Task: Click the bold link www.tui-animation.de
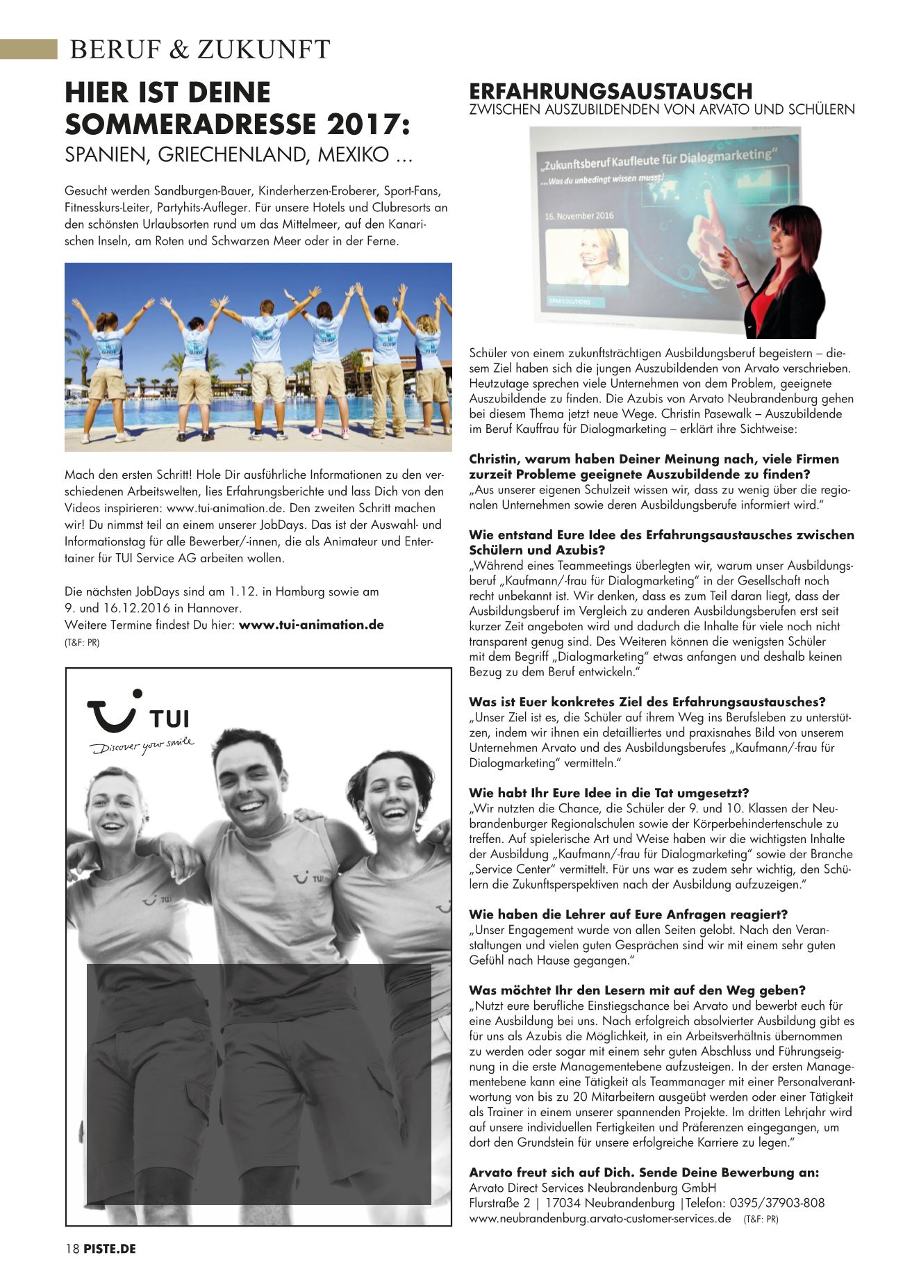tap(311, 625)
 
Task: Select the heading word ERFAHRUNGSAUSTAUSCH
tap(611, 91)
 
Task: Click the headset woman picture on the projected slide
tap(587, 255)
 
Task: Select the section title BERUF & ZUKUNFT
tap(200, 50)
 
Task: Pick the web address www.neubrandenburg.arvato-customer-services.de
tap(600, 1218)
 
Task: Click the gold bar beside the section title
tap(28, 49)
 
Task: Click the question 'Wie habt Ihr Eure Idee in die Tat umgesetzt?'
tap(608, 793)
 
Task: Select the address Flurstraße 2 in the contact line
tap(499, 1203)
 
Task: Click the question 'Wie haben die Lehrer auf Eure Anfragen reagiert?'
tap(629, 915)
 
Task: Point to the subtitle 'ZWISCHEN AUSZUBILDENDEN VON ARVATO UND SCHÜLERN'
tap(662, 110)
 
